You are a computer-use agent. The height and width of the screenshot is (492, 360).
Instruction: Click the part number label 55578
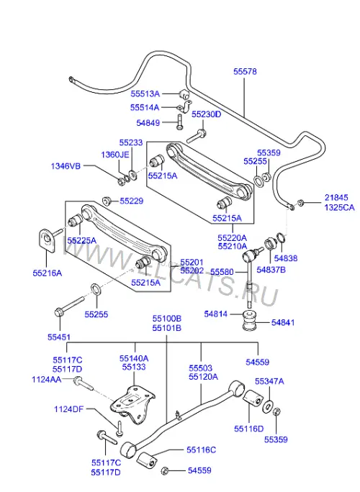click(x=245, y=71)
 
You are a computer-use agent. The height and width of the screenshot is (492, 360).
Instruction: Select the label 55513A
click(x=145, y=94)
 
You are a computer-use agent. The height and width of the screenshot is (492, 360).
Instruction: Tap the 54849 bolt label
click(x=148, y=123)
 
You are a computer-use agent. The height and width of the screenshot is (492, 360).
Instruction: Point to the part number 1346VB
click(x=66, y=166)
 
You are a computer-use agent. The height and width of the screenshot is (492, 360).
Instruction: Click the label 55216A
click(x=48, y=273)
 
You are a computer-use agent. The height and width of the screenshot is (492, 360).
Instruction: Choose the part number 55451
click(x=59, y=337)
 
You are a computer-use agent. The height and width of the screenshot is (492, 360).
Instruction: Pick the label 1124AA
click(x=47, y=379)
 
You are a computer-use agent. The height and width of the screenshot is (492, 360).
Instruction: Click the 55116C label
click(x=201, y=450)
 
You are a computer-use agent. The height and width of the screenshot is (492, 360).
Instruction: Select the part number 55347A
click(x=269, y=381)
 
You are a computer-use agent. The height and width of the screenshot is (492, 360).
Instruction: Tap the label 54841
click(x=283, y=322)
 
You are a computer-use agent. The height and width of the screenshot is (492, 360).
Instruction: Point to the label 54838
click(x=286, y=258)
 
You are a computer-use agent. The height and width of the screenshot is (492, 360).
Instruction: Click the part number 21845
click(x=336, y=197)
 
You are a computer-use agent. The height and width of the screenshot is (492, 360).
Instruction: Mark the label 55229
click(x=132, y=201)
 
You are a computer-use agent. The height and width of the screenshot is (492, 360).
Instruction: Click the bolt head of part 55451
click(x=58, y=312)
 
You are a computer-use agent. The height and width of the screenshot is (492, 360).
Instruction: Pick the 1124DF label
click(x=69, y=409)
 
